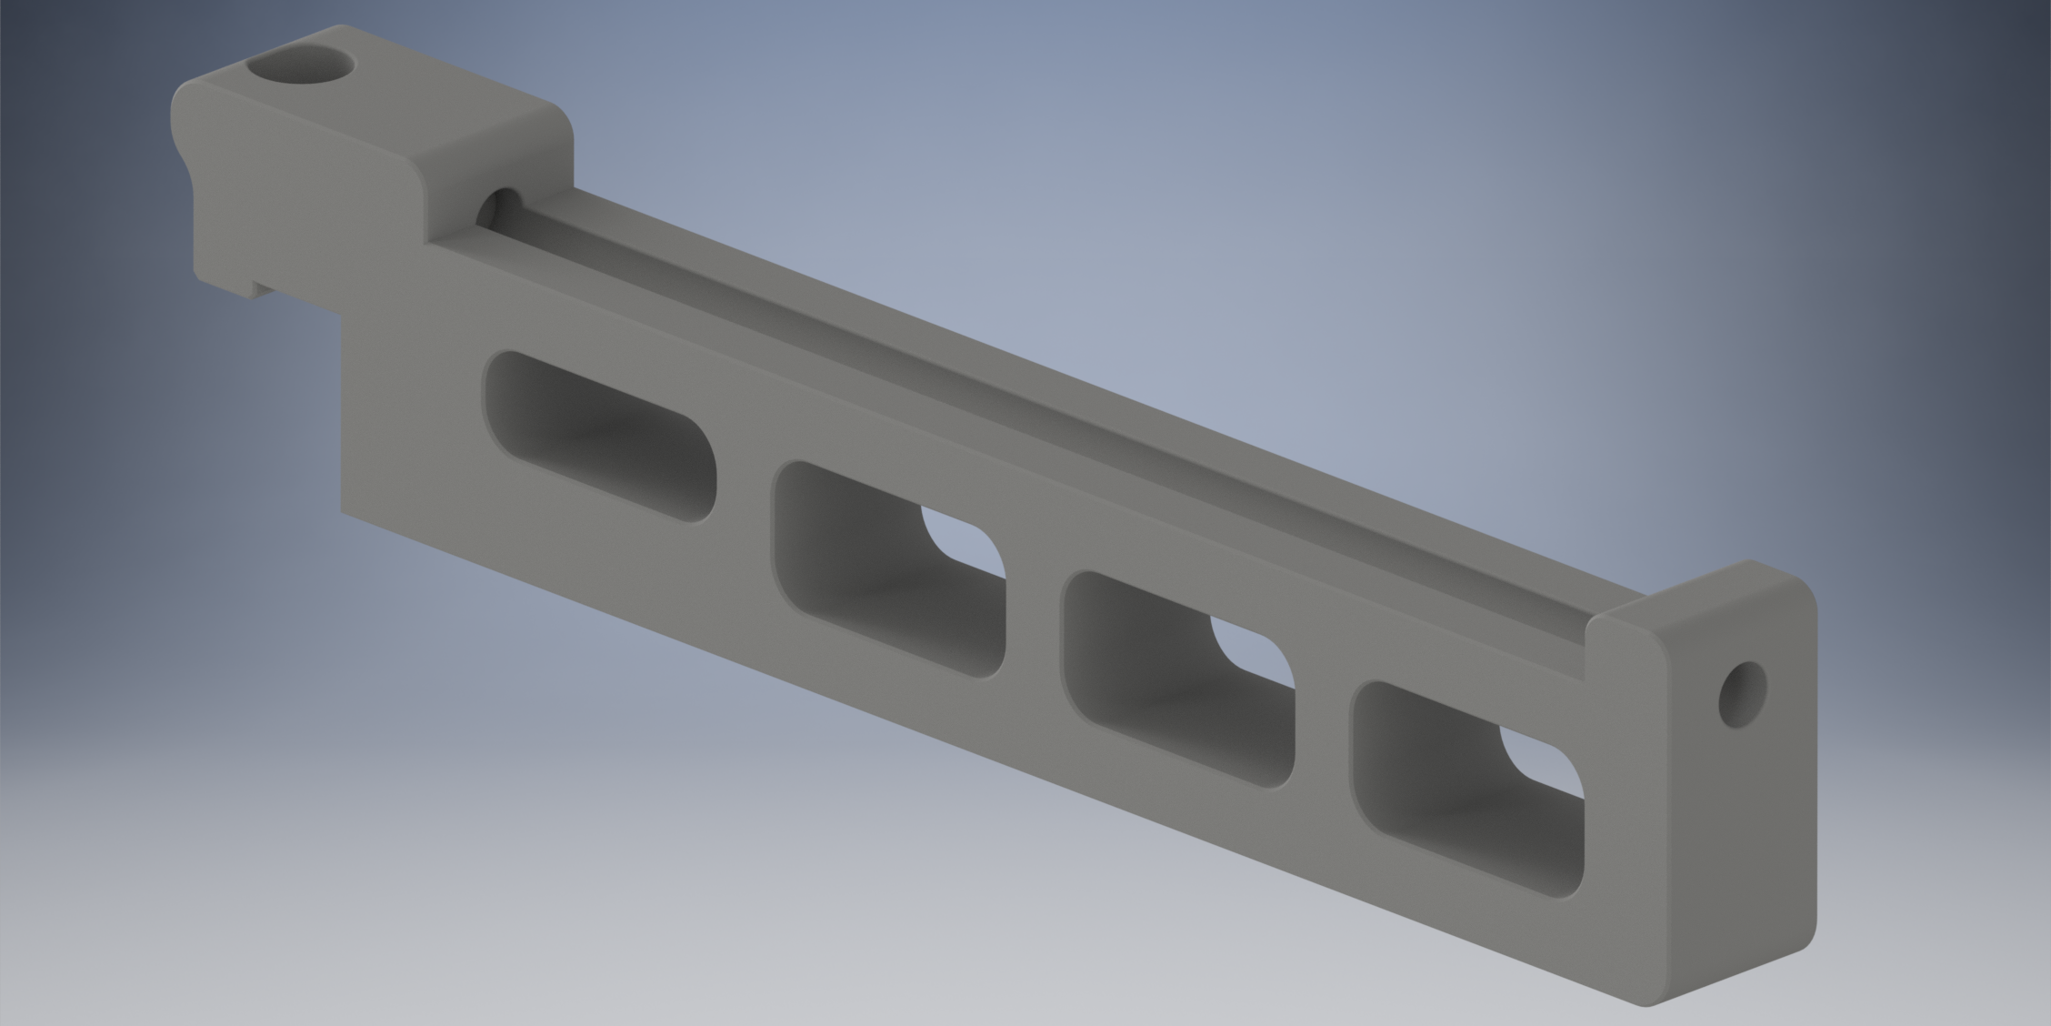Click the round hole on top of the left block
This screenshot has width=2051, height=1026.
300,65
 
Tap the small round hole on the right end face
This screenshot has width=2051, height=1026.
1742,693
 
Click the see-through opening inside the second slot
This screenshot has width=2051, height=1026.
965,542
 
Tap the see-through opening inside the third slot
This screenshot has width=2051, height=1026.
1255,651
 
